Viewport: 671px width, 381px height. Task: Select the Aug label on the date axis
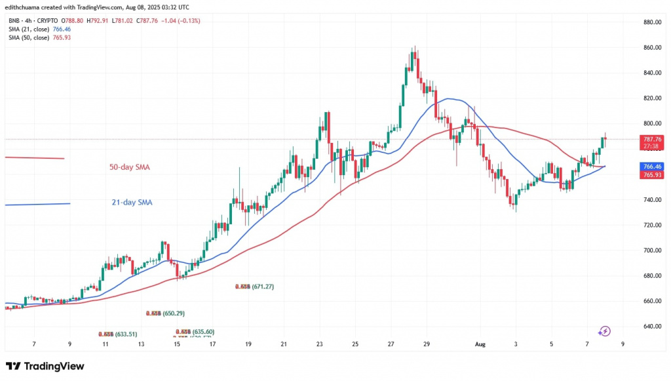pyautogui.click(x=479, y=343)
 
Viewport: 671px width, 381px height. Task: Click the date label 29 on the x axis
pyautogui.click(x=425, y=343)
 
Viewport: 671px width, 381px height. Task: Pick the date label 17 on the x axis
pyautogui.click(x=212, y=343)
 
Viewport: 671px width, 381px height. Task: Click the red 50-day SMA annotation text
pyautogui.click(x=129, y=167)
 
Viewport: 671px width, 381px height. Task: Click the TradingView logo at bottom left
pyautogui.click(x=45, y=365)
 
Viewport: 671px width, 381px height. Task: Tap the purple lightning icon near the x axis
pyautogui.click(x=605, y=332)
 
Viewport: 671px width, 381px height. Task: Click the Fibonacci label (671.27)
pyautogui.click(x=255, y=287)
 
